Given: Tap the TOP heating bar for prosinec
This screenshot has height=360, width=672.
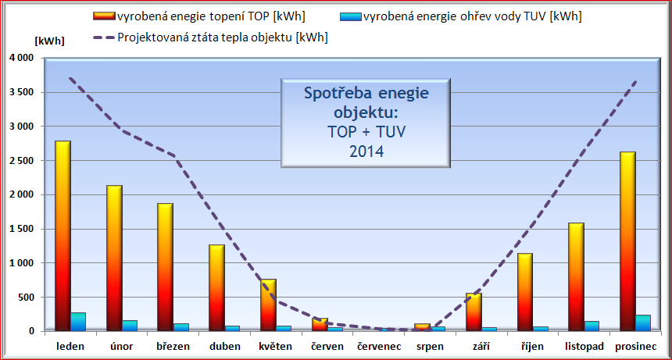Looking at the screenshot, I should (x=628, y=241).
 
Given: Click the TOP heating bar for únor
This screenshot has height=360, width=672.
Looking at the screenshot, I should (x=113, y=258).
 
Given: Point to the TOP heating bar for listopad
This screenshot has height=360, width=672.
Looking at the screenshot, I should (x=577, y=276).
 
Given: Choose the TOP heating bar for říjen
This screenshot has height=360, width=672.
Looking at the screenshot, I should (x=525, y=292).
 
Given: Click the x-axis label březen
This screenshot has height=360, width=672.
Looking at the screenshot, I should (x=173, y=346).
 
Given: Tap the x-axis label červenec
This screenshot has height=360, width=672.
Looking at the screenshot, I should (x=378, y=346).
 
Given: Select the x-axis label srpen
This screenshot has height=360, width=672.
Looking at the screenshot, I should (x=429, y=346).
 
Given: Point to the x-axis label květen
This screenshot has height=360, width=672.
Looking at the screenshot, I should (x=275, y=346).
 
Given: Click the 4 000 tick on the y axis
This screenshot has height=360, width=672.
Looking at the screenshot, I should (x=20, y=58).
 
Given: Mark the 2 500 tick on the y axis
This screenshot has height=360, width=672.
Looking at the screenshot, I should (x=20, y=161).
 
